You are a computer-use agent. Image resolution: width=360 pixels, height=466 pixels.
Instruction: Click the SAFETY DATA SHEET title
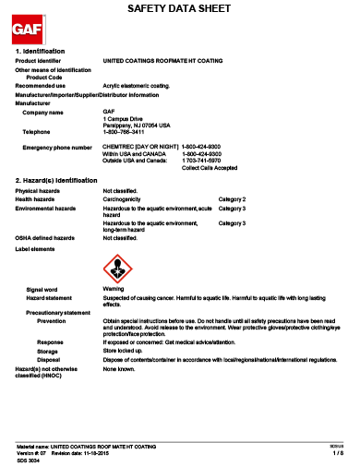(180, 8)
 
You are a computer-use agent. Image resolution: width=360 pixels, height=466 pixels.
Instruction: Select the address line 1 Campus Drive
(122, 119)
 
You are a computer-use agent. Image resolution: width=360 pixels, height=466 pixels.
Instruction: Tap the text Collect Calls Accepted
(210, 168)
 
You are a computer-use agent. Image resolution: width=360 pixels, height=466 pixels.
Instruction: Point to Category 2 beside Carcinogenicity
(232, 198)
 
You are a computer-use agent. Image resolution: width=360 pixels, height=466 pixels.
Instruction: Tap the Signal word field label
(42, 289)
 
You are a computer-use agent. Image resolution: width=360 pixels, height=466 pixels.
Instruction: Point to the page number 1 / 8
(337, 453)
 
